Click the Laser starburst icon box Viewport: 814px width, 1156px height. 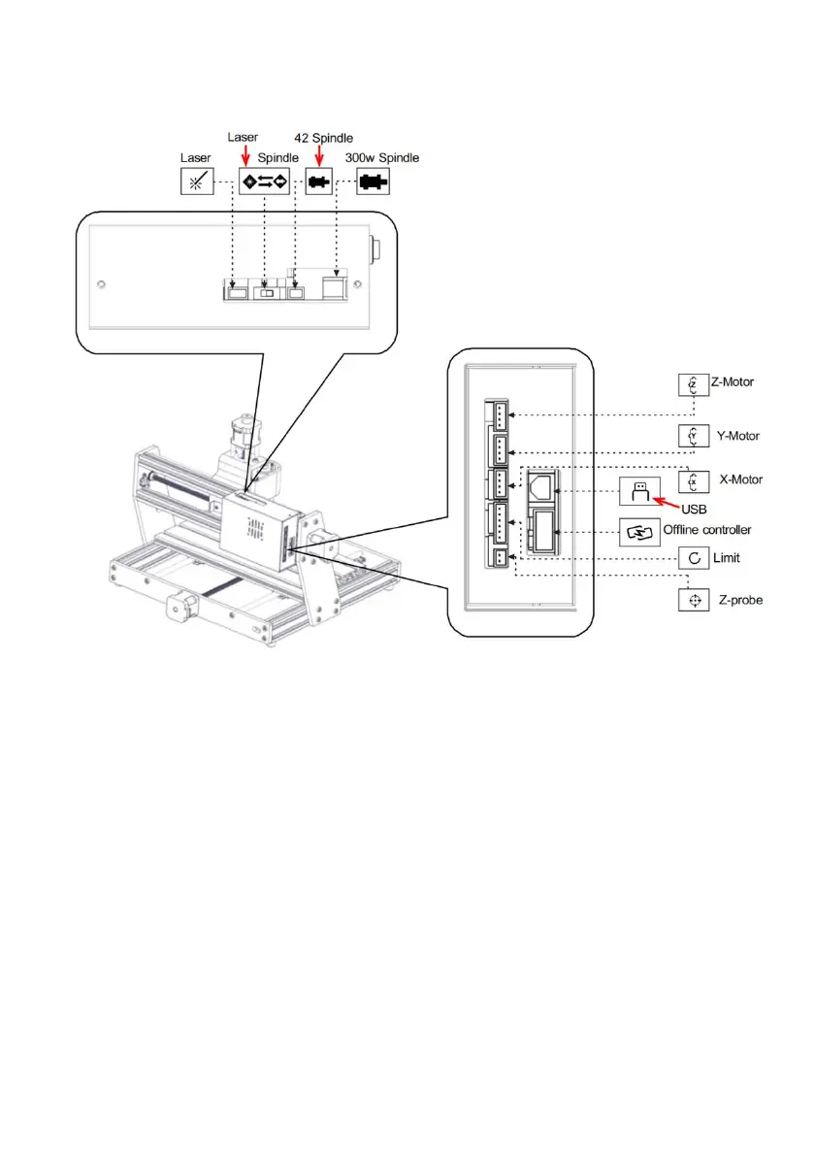[x=197, y=181]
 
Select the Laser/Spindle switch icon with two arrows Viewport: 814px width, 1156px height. [x=265, y=181]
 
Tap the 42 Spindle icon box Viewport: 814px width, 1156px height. [x=318, y=181]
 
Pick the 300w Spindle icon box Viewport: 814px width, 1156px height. [x=372, y=181]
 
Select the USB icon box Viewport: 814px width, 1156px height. [x=638, y=492]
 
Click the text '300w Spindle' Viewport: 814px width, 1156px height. [x=382, y=157]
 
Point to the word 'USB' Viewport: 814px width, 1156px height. [x=693, y=508]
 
